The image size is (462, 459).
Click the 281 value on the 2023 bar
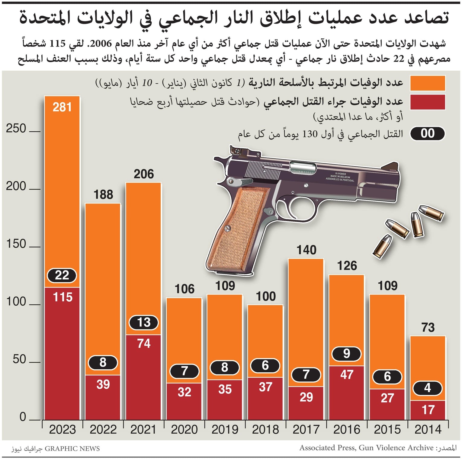pos(62,107)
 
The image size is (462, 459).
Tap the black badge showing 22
pos(62,275)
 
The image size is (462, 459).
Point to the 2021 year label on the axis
pos(143,429)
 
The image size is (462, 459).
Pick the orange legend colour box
pos(427,83)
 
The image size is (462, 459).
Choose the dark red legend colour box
pos(427,102)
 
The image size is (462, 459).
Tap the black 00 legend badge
pos(427,133)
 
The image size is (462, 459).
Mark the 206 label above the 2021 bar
pos(144,174)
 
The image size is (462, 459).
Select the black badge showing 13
pos(144,322)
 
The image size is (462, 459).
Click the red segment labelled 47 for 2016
pos(347,393)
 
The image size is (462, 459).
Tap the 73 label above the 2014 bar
pos(428,328)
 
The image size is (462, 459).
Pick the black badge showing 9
pos(346,354)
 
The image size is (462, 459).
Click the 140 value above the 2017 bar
pos(306,250)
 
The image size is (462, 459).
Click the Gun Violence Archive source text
pos(396,448)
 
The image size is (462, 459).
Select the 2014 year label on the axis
pos(428,429)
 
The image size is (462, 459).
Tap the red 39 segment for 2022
pos(103,397)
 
